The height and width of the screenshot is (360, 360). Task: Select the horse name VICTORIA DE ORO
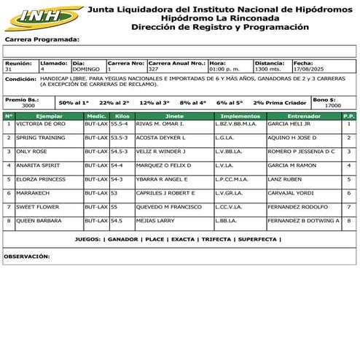[41, 124]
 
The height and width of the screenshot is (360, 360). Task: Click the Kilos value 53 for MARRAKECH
[114, 193]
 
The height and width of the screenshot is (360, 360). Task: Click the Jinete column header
[174, 116]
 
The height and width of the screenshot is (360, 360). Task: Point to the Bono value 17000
[332, 106]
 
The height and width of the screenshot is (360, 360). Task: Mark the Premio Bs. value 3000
[28, 106]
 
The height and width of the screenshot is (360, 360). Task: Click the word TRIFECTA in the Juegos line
[216, 239]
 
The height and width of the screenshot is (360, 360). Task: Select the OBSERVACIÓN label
[27, 257]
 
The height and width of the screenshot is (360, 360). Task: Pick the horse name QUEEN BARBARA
[39, 220]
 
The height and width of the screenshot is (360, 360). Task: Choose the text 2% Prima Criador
[281, 103]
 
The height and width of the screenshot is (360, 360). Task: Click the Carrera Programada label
[42, 39]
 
